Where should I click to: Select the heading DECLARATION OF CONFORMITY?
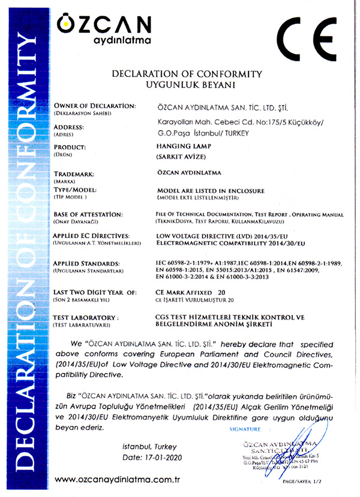click(187, 74)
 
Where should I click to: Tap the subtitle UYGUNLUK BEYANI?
click(187, 85)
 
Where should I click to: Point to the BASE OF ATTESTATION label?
click(88, 214)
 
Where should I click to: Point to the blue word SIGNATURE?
click(245, 429)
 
